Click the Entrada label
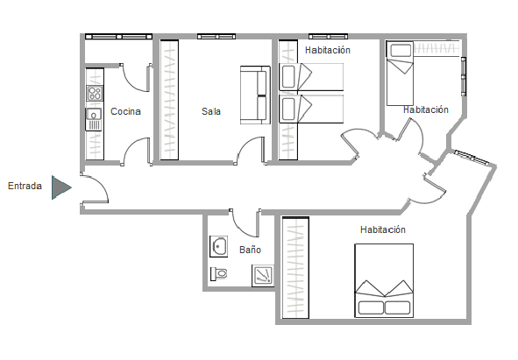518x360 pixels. point(25,186)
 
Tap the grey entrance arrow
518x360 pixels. point(60,187)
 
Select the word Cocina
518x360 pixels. point(125,111)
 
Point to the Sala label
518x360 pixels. point(211,111)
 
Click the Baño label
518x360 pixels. point(250,250)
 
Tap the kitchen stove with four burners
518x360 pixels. point(95,93)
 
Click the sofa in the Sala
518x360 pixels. point(255,95)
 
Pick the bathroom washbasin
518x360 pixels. point(219,246)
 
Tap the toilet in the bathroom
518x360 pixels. point(219,274)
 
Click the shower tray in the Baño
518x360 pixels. point(263,275)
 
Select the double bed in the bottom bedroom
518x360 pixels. point(384,281)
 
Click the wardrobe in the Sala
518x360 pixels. point(169,100)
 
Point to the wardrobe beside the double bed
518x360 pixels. point(295,267)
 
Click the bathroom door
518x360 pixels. point(245,224)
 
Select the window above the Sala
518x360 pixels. point(216,36)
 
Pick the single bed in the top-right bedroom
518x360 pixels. point(400,73)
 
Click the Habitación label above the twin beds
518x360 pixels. point(328,50)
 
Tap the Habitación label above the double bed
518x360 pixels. point(383,229)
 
